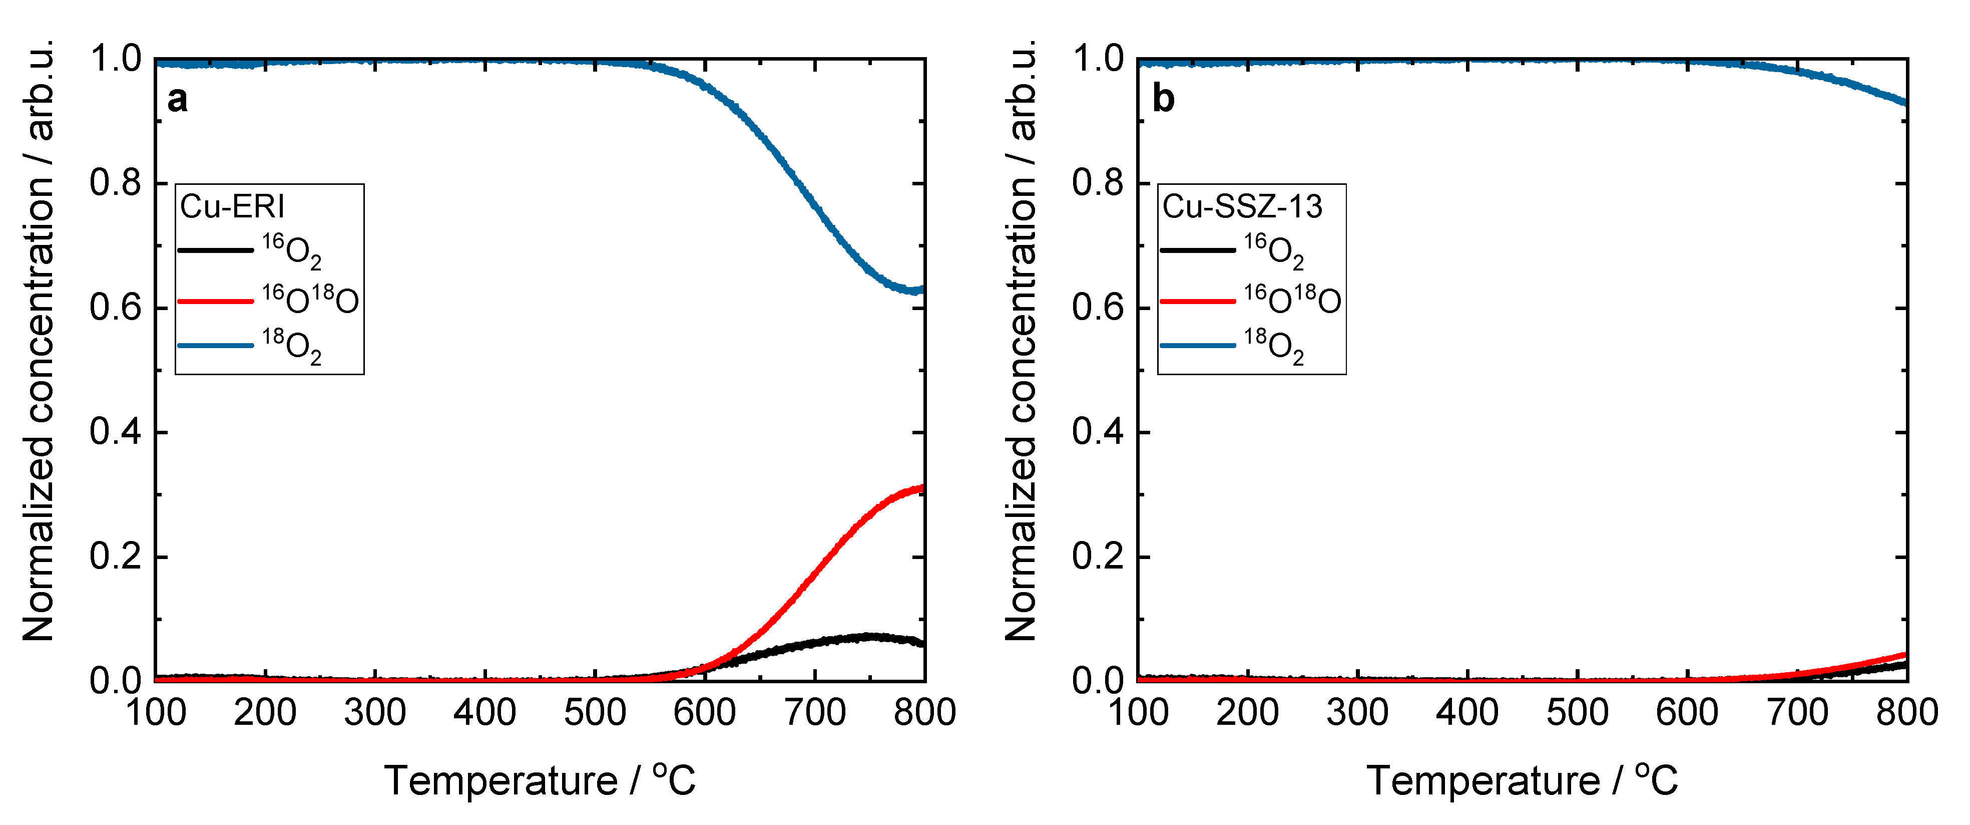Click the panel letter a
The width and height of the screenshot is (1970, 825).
point(177,100)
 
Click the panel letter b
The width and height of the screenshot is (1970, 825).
point(1163,100)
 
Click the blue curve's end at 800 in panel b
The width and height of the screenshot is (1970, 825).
point(1905,103)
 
